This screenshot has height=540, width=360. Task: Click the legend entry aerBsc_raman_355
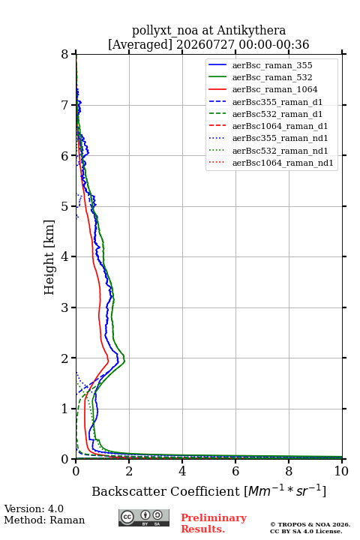pos(272,65)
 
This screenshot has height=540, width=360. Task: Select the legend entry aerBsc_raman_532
pos(272,77)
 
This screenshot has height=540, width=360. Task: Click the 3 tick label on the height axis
pos(64,307)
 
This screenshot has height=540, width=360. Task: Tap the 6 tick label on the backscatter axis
pos(235,471)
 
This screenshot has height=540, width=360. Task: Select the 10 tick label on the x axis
pos(341,471)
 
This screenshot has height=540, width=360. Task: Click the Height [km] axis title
pos(49,257)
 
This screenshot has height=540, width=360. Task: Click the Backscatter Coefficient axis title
pos(208,491)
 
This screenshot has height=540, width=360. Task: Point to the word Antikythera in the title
pos(251,31)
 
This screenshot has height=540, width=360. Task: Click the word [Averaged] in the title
pos(139,45)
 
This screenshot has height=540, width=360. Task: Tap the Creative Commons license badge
pos(144,517)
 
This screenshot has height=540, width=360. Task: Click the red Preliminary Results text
pos(214,523)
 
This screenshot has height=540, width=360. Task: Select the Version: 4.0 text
pos(34,508)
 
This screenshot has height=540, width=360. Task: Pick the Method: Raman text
pos(44,520)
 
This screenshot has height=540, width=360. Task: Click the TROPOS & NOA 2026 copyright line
pos(310,524)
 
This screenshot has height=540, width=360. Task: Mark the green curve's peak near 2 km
pos(124,361)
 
